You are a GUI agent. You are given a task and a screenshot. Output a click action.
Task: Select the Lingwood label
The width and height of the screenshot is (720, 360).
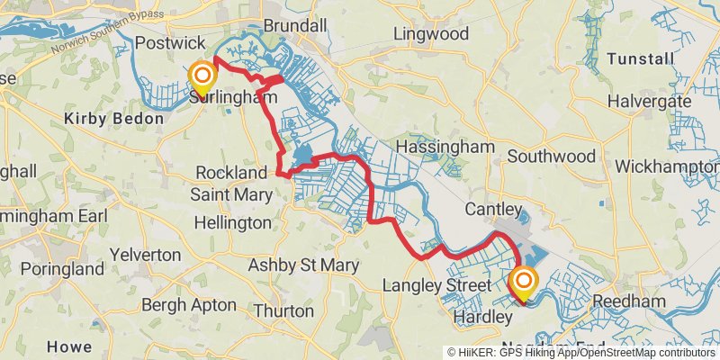(432, 34)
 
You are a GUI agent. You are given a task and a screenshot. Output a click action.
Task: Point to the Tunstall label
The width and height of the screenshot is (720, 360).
(640, 58)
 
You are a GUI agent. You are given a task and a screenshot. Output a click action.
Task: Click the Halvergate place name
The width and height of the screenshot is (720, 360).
(649, 102)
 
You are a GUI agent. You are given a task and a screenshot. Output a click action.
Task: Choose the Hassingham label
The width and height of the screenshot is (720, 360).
(445, 147)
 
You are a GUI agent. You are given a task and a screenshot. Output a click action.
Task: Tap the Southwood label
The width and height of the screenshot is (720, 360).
(551, 156)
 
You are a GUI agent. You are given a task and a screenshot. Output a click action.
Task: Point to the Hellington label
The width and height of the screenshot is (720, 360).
(231, 221)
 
